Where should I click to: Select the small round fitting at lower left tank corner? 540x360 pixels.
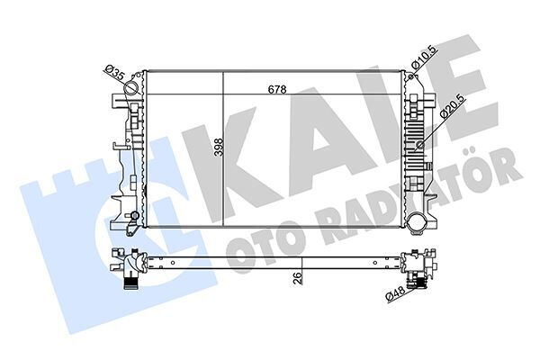coord(132,216)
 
